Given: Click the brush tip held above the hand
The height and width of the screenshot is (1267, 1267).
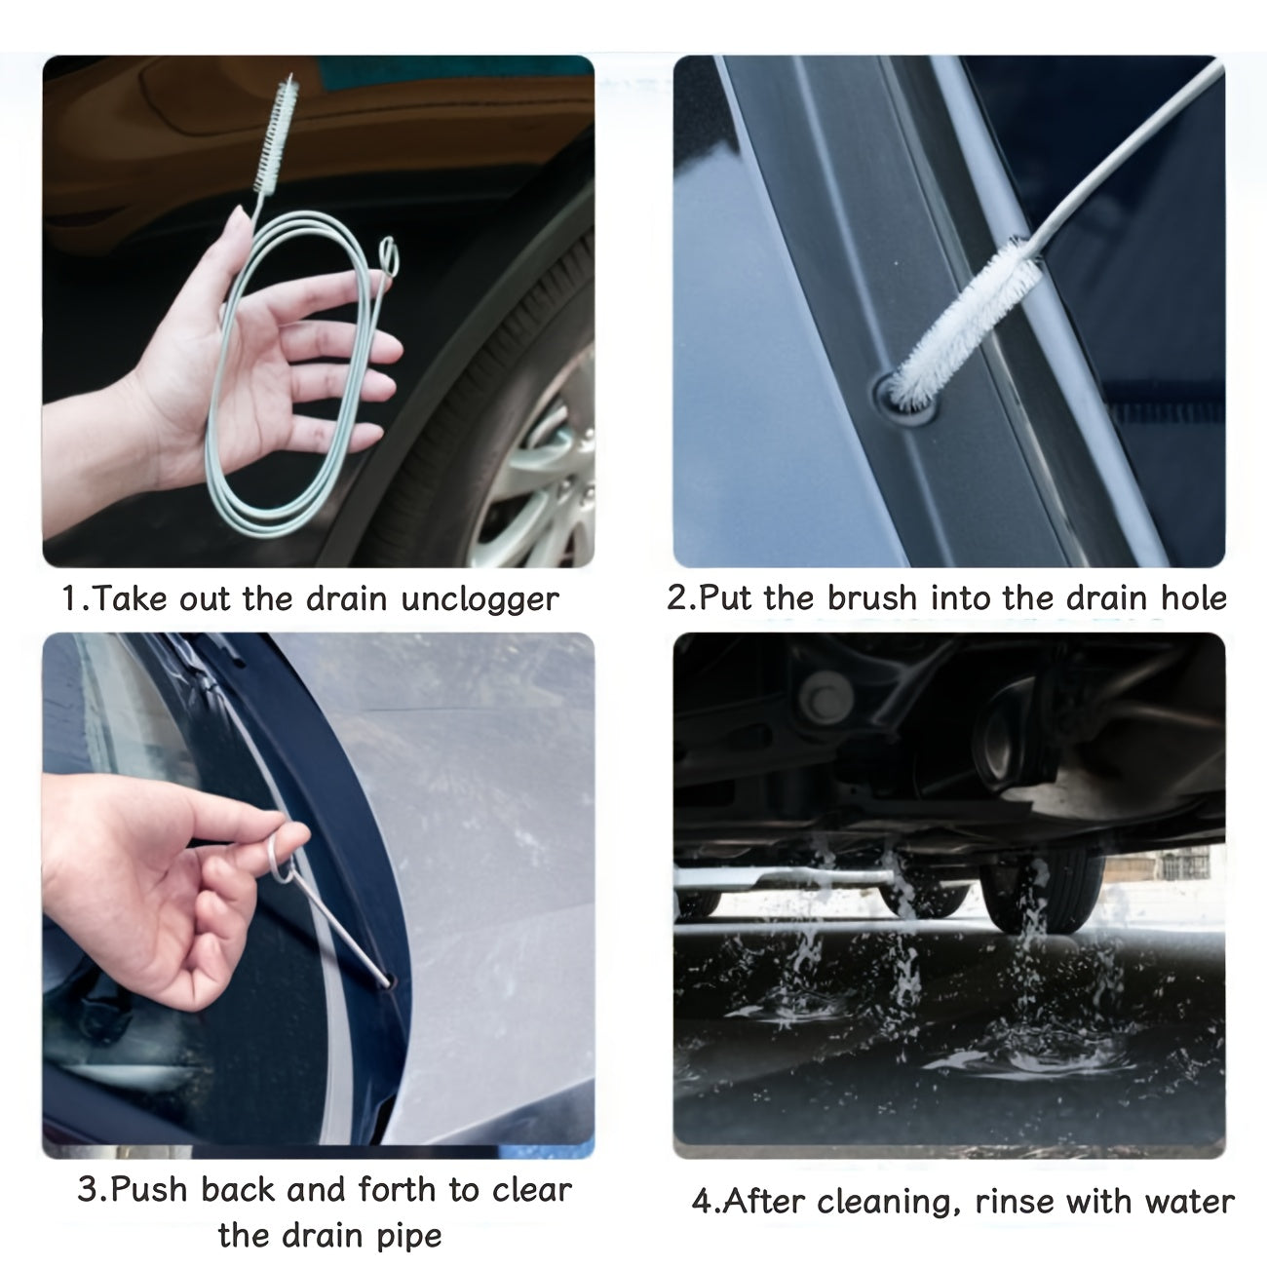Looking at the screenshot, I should click(274, 135).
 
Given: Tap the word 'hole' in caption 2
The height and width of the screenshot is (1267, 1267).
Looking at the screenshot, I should click(1193, 597).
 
